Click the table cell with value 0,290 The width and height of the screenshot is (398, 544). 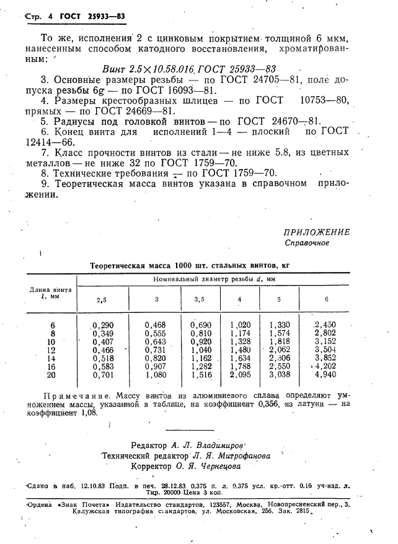pyautogui.click(x=102, y=324)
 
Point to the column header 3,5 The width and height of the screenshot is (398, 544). pyautogui.click(x=199, y=299)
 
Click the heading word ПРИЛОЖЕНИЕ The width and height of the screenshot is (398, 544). pyautogui.click(x=316, y=232)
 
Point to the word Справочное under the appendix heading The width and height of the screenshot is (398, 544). pyautogui.click(x=307, y=243)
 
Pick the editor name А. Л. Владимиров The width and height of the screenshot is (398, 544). pyautogui.click(x=211, y=445)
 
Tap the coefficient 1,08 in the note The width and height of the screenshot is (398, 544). pyautogui.click(x=89, y=413)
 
